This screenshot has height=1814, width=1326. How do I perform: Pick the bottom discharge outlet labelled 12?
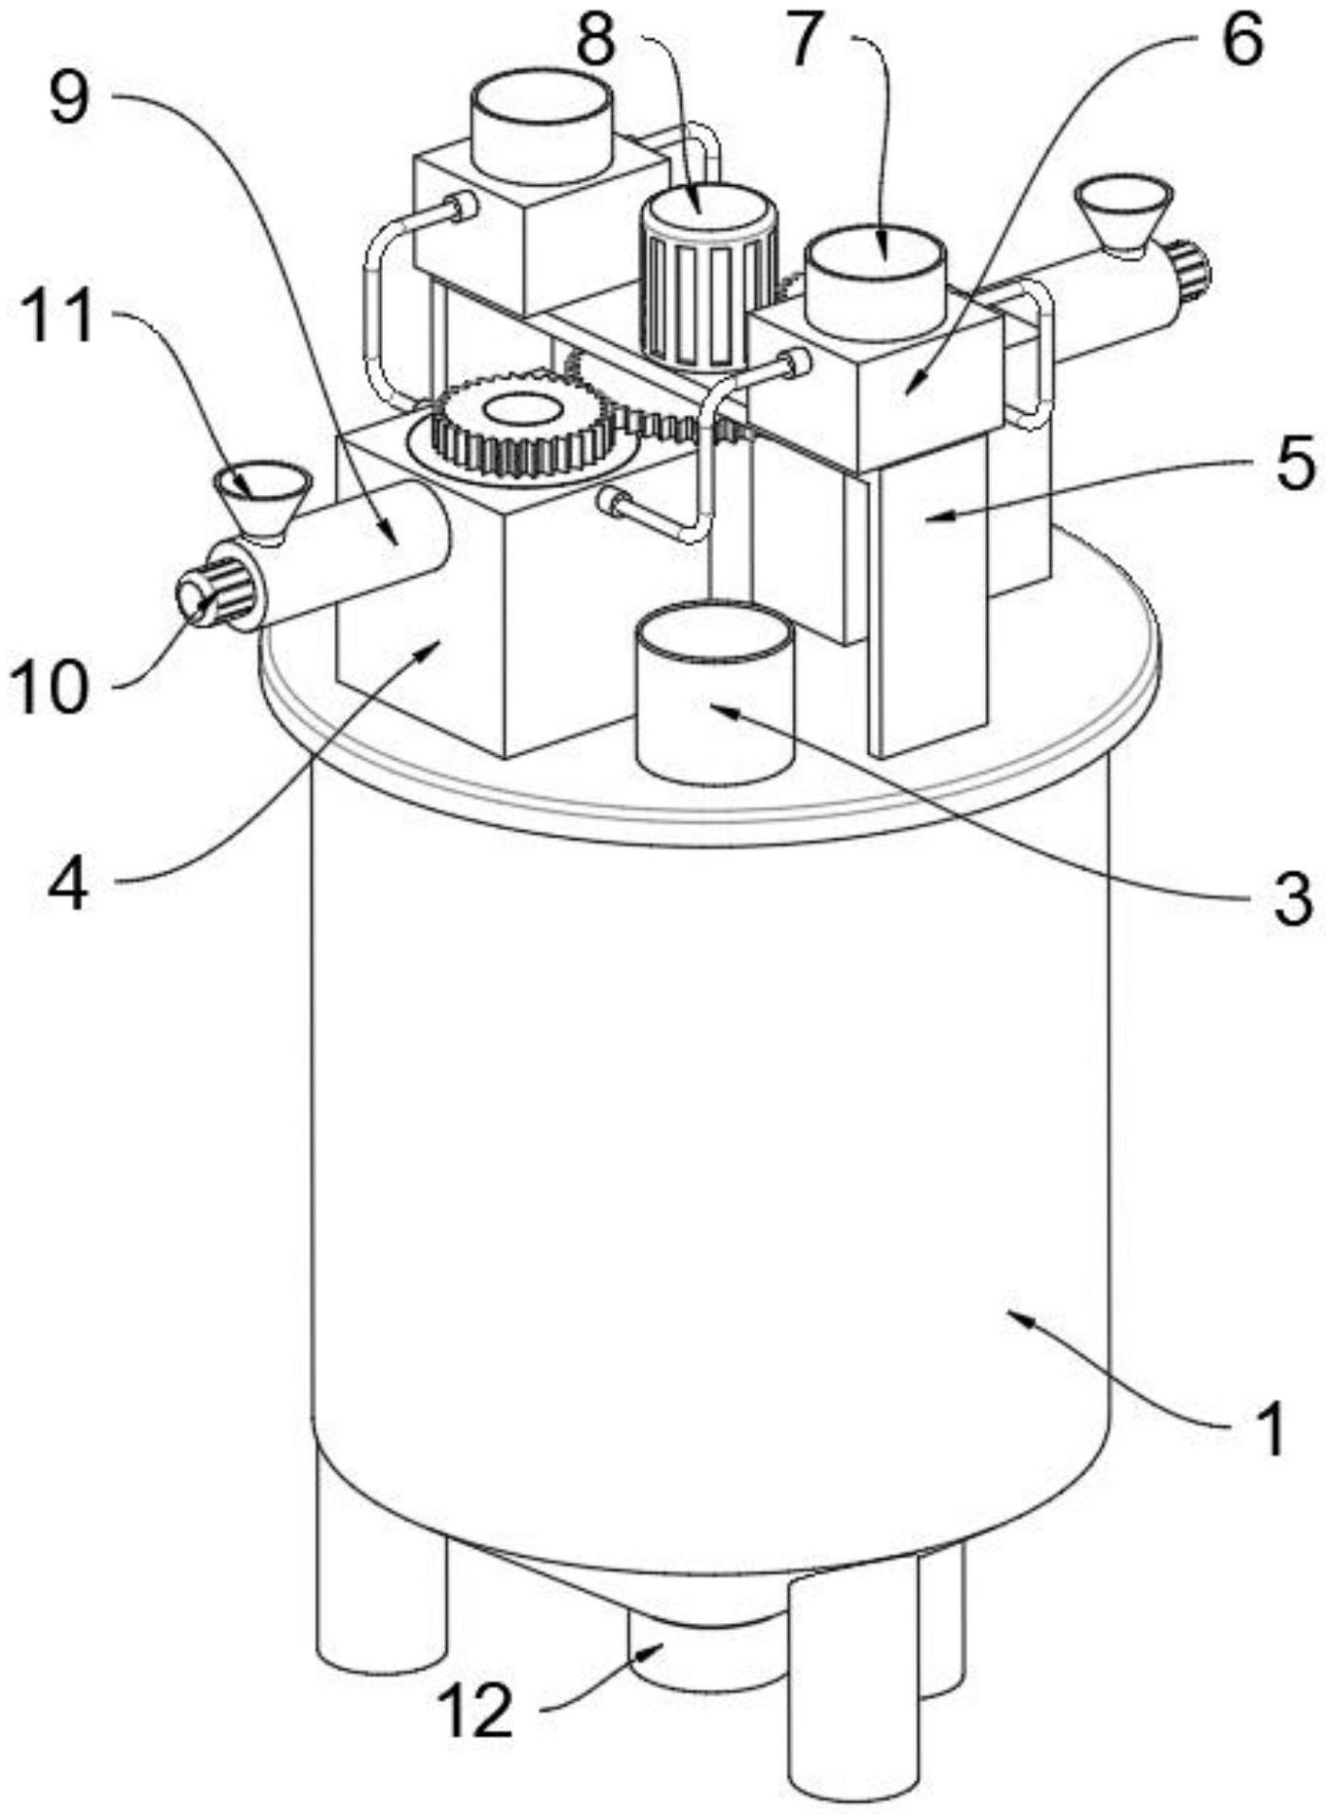[x=707, y=1645]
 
